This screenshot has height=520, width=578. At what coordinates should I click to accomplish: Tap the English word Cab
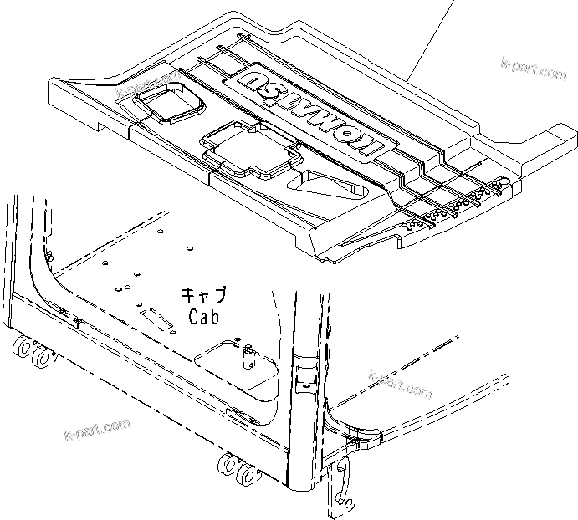point(203,317)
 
